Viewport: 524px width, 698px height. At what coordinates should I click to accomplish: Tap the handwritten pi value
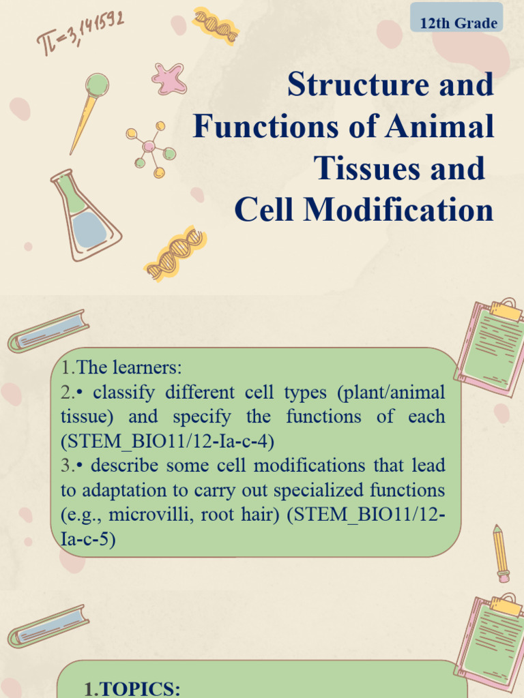pyautogui.click(x=81, y=33)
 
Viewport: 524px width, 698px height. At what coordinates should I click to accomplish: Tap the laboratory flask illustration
pyautogui.click(x=85, y=216)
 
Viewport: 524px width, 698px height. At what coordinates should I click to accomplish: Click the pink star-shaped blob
pyautogui.click(x=169, y=78)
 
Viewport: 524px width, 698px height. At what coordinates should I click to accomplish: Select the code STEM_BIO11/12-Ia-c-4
pyautogui.click(x=167, y=441)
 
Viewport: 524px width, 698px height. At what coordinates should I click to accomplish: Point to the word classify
pyautogui.click(x=122, y=393)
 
